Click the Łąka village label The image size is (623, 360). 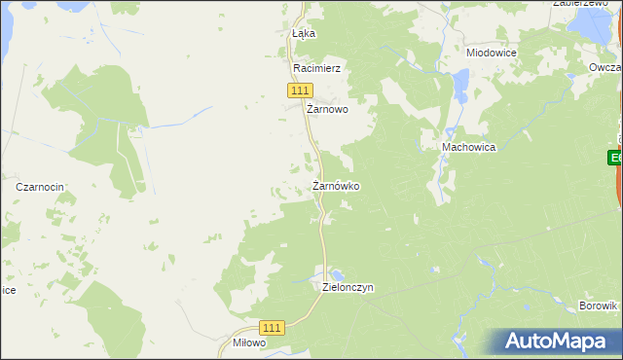(305, 33)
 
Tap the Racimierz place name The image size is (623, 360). (315, 69)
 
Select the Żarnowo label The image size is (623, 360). (327, 110)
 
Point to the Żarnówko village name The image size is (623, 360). (337, 185)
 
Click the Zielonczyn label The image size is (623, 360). (348, 288)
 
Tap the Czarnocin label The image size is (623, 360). (40, 186)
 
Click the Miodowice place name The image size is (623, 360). (491, 53)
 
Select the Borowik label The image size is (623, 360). (598, 306)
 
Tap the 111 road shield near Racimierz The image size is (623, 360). (300, 90)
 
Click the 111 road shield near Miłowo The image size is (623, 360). (274, 330)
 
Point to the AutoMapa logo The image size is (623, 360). (555, 342)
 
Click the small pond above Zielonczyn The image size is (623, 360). (337, 273)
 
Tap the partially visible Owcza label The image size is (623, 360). (605, 67)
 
